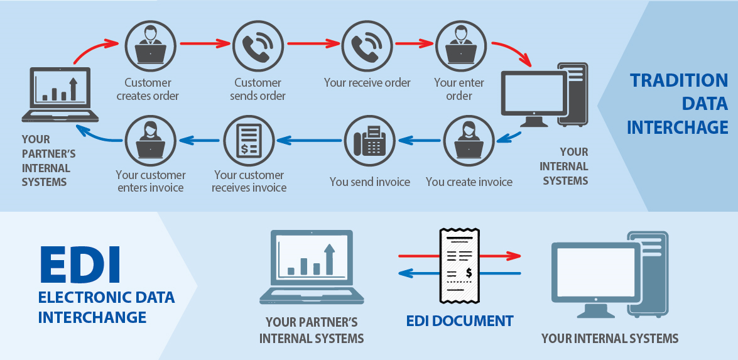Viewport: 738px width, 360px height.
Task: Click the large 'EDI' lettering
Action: point(80,265)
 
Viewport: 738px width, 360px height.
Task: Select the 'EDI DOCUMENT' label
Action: point(460,321)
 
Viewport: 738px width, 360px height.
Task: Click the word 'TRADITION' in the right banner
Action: point(679,81)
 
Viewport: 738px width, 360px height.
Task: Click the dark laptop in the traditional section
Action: point(60,94)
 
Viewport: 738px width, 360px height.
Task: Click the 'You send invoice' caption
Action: point(370,182)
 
